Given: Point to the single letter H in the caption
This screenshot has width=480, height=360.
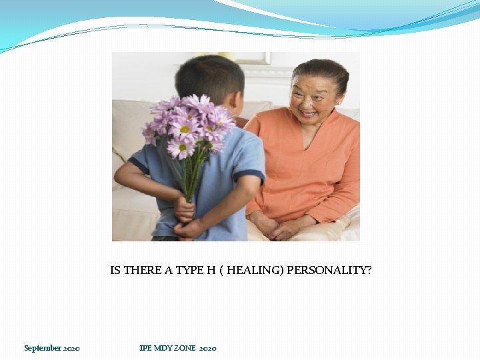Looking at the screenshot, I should pos(211,271).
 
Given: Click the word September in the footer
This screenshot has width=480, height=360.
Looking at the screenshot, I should pos(43,348).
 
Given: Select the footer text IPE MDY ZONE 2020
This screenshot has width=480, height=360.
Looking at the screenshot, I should pos(177,348).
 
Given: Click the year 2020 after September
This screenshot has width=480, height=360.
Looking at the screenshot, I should pos(72,348).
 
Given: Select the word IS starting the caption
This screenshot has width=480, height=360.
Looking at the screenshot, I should pos(115,271).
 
